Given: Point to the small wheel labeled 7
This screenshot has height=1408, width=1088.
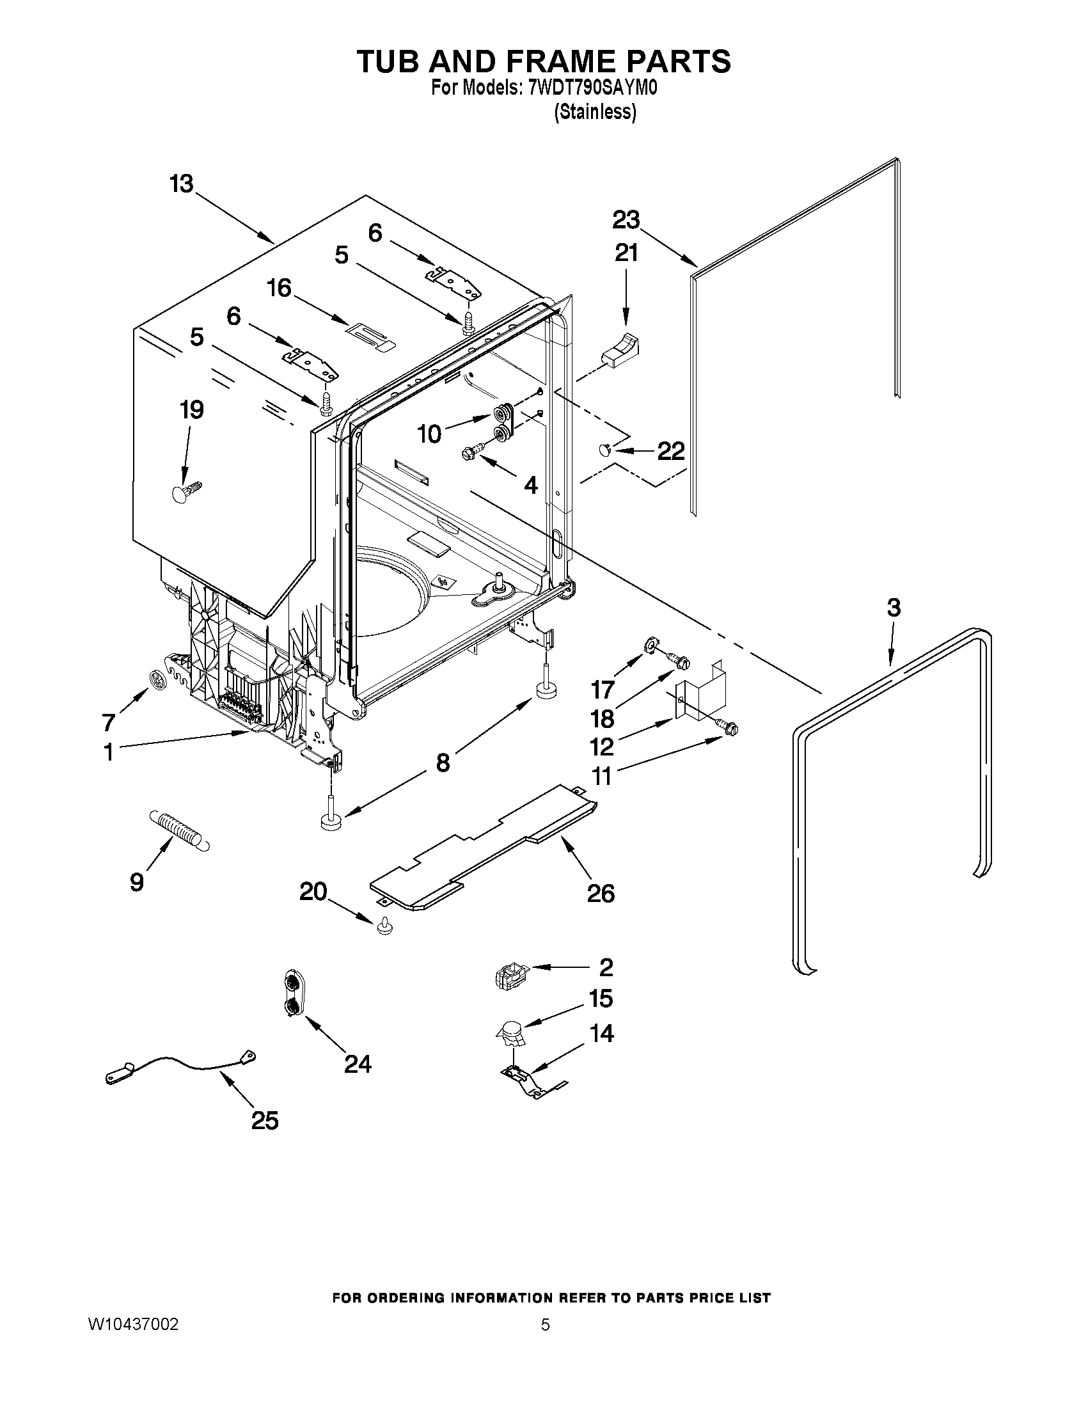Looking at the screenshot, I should click(157, 679).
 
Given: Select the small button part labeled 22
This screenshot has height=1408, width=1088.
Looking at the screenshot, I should click(606, 450).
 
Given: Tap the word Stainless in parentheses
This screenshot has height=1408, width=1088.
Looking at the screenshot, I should click(595, 111).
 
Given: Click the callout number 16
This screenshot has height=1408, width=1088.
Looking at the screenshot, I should click(279, 287).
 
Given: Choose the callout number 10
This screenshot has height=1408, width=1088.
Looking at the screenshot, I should click(429, 434).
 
